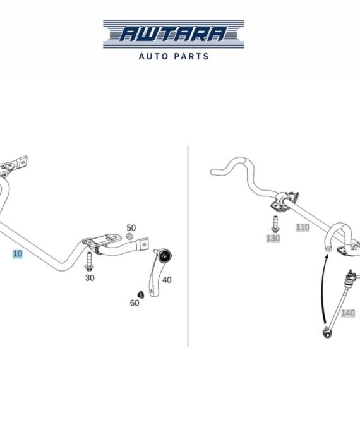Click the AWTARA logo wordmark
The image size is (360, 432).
pos(174,34)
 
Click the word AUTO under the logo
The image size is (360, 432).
pos(153,56)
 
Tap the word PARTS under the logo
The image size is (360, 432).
pos(192,56)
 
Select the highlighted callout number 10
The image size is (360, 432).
pos(17,254)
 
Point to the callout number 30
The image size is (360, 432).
pos(90,278)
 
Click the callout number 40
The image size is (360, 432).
pos(167,280)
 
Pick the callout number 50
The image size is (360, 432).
pos(131,228)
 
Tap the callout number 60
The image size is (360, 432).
pos(135,303)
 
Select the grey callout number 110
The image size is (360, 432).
pos(303,227)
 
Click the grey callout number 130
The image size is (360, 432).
pos(273,238)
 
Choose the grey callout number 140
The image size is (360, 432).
pos(348,313)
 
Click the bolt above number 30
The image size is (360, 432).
pos(89,261)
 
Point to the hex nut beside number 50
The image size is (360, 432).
pos(129,236)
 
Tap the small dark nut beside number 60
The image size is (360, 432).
pos(141,294)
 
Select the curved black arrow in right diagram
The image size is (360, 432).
pos(321,289)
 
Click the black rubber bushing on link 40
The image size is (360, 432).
pos(165,256)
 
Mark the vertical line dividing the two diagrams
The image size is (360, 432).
pos(188,246)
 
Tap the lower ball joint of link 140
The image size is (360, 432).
pos(327,333)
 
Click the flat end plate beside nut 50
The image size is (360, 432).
pos(144,244)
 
